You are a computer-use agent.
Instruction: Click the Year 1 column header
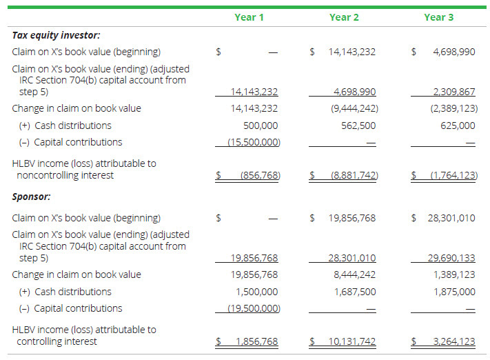[249, 17]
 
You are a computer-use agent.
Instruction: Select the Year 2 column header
[344, 17]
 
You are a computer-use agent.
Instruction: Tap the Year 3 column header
[438, 17]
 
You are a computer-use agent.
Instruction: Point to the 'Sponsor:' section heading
[32, 197]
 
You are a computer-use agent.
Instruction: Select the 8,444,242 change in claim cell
[357, 274]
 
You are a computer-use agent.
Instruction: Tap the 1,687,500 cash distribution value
[357, 292]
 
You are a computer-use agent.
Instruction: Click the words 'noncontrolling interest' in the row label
[65, 176]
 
